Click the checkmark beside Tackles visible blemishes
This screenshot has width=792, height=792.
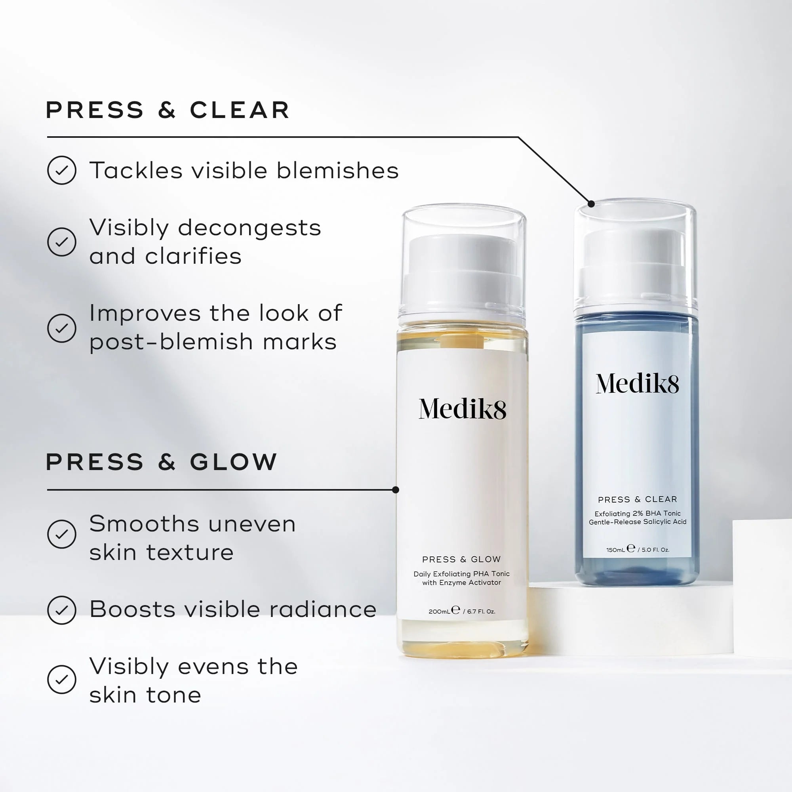click(61, 170)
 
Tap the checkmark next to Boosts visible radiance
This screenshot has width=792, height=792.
click(61, 610)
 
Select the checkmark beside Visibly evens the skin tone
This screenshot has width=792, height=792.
click(61, 680)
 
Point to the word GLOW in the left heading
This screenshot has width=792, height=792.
click(234, 462)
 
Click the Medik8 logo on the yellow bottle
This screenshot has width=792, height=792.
click(462, 409)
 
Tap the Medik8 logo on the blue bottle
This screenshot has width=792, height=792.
click(637, 384)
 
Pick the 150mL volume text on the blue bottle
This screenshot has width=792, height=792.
click(615, 550)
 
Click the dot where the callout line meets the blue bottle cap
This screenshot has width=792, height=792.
click(591, 204)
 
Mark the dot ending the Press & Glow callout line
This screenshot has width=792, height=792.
click(396, 490)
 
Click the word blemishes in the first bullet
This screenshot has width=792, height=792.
click(337, 171)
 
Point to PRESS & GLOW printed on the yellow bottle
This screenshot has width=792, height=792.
click(462, 560)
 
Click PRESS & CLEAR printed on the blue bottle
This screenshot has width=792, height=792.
click(638, 500)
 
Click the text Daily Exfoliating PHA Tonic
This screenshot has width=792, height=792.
click(462, 574)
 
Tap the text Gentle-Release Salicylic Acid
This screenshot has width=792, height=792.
click(638, 522)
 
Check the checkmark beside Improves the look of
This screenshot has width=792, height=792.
click(61, 328)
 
